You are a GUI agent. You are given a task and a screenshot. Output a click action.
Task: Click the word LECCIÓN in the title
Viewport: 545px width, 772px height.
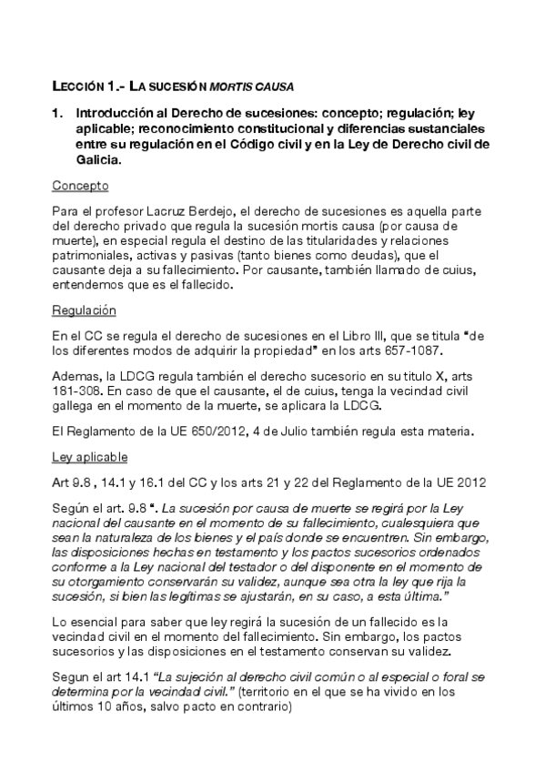coord(78,86)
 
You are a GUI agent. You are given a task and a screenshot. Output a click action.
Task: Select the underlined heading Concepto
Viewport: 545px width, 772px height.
coord(80,186)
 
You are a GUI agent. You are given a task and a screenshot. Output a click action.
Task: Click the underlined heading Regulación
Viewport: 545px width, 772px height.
coord(84,310)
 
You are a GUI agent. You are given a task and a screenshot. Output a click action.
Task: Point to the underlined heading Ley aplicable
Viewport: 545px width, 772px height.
coord(89,457)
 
